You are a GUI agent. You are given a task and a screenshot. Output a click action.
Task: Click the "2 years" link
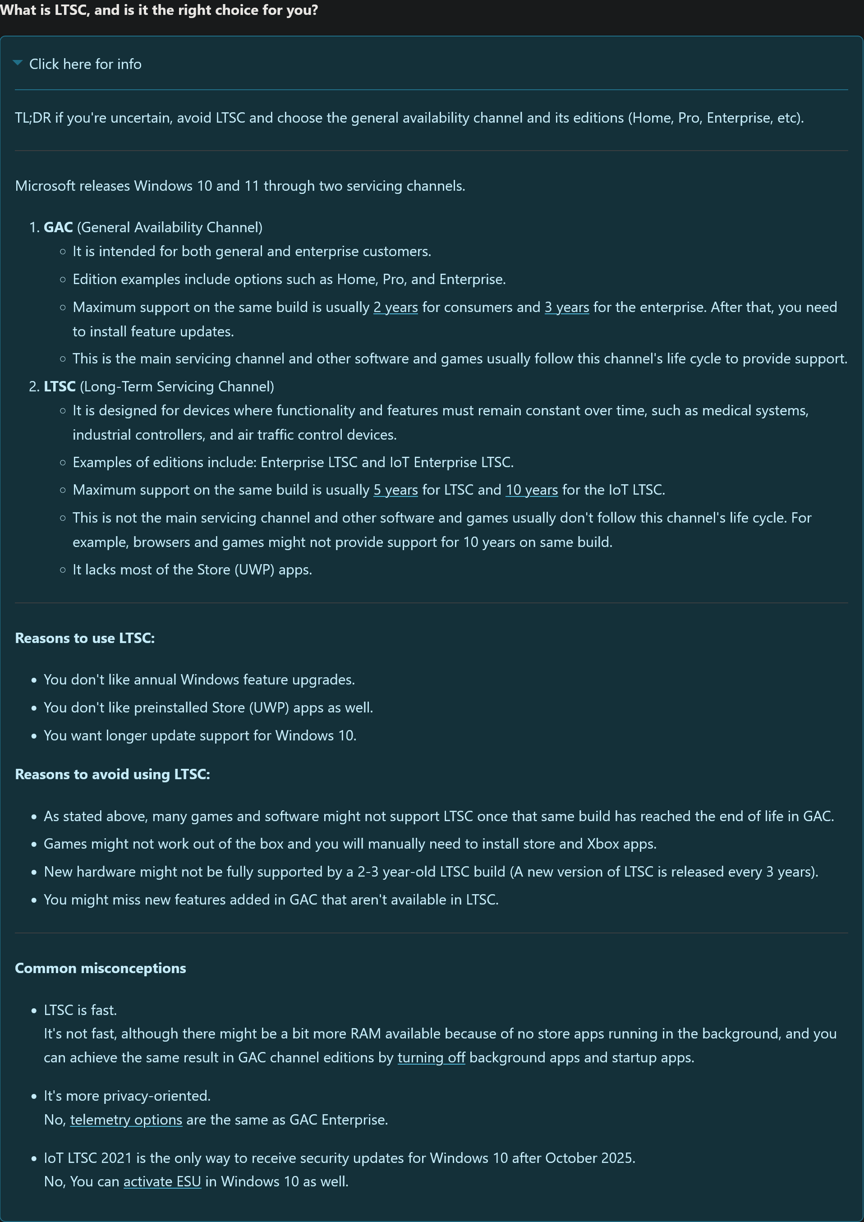[x=395, y=307]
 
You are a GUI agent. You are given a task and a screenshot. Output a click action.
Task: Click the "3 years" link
[x=566, y=307]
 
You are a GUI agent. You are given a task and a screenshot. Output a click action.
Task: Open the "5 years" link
[x=395, y=490]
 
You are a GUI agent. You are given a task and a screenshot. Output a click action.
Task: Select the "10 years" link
[x=531, y=490]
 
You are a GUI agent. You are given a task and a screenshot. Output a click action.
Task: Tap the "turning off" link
[x=431, y=1057]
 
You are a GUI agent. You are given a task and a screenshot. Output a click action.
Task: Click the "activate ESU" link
[x=162, y=1181]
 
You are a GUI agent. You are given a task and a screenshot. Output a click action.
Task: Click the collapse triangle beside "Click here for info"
[x=18, y=63]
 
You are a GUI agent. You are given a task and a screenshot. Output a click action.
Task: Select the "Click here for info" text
[x=85, y=64]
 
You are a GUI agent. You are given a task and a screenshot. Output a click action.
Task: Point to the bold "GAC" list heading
[x=58, y=227]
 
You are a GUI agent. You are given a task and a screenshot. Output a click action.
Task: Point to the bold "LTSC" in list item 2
[x=60, y=386]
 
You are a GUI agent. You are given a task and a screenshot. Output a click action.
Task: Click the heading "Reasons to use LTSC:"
[x=85, y=638]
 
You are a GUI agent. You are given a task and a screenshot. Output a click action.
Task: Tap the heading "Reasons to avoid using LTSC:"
[x=112, y=774]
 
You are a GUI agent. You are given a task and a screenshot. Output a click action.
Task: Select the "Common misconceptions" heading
[x=101, y=968]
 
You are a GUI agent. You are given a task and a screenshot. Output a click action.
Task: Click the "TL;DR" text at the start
[x=33, y=118]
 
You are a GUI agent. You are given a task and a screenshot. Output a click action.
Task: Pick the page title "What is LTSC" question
[x=159, y=10]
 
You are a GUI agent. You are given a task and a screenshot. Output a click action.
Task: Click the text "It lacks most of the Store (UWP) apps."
[x=192, y=570]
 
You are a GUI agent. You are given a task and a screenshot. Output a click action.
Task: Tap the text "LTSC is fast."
[x=80, y=1010]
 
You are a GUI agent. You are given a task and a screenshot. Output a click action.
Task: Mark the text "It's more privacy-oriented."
[x=127, y=1096]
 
